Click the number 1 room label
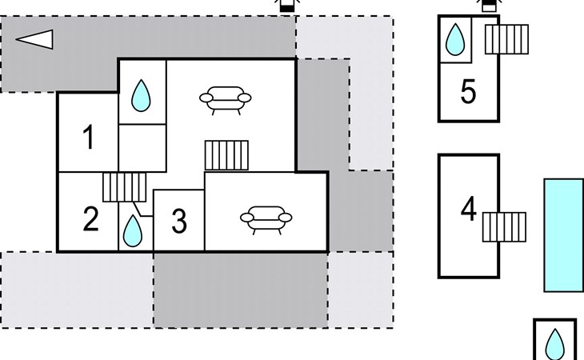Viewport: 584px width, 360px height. (89, 138)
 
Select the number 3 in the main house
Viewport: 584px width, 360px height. (179, 222)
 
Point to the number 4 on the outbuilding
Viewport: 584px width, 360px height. (469, 210)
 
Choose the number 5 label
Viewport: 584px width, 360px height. (469, 92)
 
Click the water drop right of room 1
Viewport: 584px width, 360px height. (142, 95)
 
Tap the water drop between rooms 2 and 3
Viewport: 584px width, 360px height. (133, 231)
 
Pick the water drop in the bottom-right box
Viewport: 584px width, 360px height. (554, 345)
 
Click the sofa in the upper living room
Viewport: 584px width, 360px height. (225, 99)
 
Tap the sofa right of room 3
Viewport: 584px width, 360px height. (266, 217)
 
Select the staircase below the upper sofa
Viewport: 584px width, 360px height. (228, 155)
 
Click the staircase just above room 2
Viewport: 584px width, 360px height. (125, 187)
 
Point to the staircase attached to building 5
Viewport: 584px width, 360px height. (507, 38)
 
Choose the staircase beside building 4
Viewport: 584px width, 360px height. (504, 226)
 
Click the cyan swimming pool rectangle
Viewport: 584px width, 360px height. (563, 234)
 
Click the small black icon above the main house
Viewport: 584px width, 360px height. (286, 5)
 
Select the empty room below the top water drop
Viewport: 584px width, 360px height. (142, 148)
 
